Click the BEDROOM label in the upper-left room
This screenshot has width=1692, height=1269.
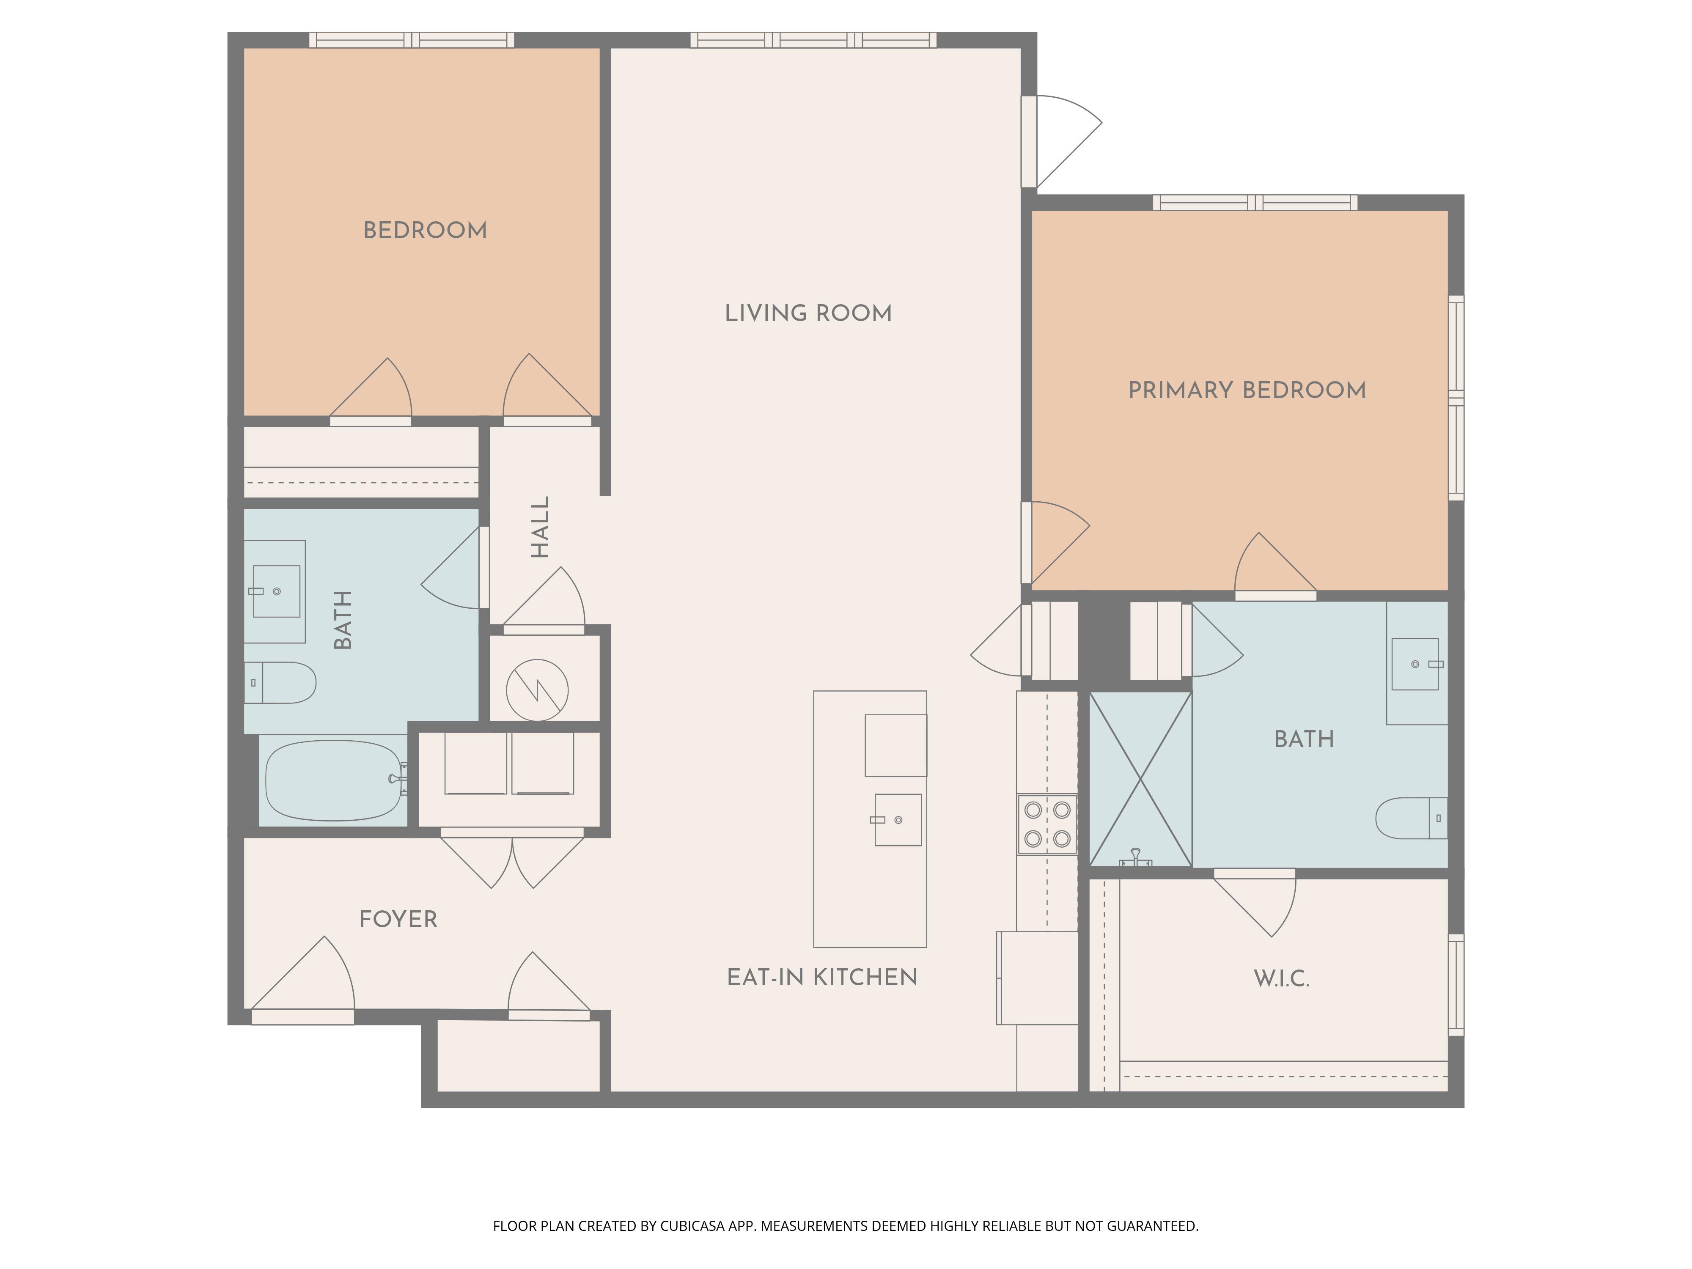click(425, 230)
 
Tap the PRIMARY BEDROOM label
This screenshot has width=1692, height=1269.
click(1247, 390)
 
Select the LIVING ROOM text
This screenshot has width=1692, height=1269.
click(808, 313)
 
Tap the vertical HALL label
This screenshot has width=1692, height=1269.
click(540, 527)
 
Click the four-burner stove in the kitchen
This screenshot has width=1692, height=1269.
click(1047, 824)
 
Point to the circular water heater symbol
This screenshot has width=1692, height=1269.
click(537, 690)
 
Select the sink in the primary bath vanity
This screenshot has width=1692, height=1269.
click(1416, 664)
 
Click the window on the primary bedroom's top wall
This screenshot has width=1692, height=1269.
click(1255, 203)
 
